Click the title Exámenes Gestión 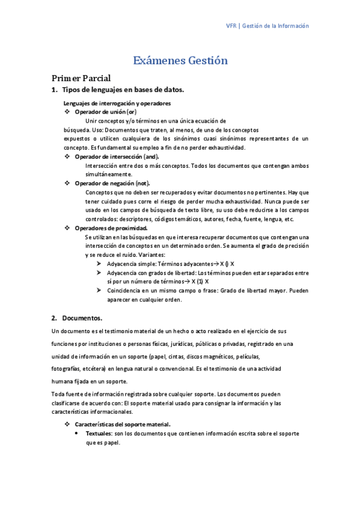coord(180,60)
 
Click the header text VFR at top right coord(231,26)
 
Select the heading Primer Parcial coord(81,78)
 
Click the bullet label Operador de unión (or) coord(105,112)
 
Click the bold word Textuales coord(99,433)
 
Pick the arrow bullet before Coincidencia coord(99,290)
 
